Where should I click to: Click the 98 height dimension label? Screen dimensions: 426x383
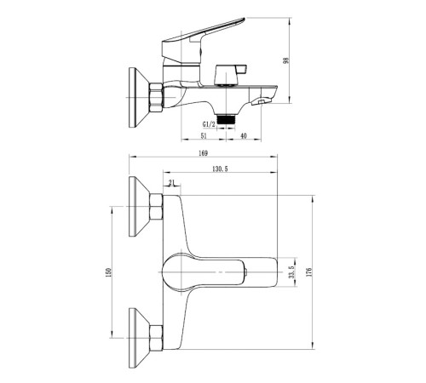click(286, 60)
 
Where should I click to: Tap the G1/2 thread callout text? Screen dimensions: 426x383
click(208, 124)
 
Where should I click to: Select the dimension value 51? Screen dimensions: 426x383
click(204, 136)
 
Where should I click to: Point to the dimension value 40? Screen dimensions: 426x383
click(244, 136)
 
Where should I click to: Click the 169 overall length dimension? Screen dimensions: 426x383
click(203, 153)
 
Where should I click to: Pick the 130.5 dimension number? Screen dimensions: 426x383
click(220, 169)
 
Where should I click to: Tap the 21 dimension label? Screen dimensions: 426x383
click(171, 183)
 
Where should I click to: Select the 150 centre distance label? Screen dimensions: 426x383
click(108, 272)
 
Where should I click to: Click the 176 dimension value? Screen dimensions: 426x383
click(309, 272)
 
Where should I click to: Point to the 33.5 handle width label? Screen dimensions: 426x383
click(292, 272)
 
